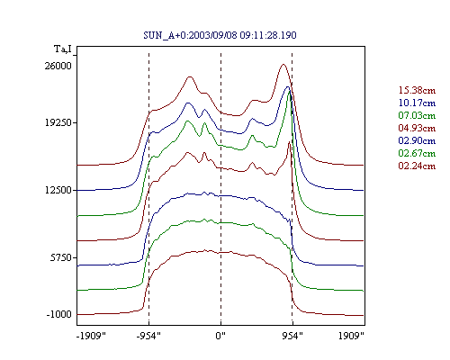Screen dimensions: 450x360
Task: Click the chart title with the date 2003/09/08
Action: pos(220,35)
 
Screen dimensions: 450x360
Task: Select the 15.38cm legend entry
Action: pos(417,90)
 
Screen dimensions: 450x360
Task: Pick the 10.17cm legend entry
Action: pos(417,103)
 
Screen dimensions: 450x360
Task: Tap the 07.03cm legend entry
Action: pos(417,115)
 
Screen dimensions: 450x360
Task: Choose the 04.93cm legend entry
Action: pos(417,128)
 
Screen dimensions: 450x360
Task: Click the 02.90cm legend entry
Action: pos(417,140)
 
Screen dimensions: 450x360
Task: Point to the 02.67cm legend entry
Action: pos(417,153)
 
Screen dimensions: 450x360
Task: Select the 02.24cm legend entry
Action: pos(417,166)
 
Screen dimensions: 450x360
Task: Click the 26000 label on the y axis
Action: pos(58,66)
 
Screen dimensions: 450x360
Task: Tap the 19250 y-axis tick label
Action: pos(58,122)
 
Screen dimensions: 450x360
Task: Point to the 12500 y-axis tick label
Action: pos(58,190)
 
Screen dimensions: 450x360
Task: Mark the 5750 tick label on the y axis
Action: pos(60,257)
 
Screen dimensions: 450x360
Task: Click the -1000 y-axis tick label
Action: pos(58,314)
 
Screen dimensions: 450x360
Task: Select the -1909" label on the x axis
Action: pos(91,336)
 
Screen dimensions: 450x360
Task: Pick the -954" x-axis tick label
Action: pos(148,336)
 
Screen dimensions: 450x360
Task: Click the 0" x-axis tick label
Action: pos(220,336)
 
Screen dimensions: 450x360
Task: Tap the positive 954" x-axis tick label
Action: pos(292,336)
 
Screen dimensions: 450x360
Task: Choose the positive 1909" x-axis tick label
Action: pos(351,336)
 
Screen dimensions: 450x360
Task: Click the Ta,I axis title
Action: pos(63,49)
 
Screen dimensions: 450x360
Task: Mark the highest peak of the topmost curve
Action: pos(283,64)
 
